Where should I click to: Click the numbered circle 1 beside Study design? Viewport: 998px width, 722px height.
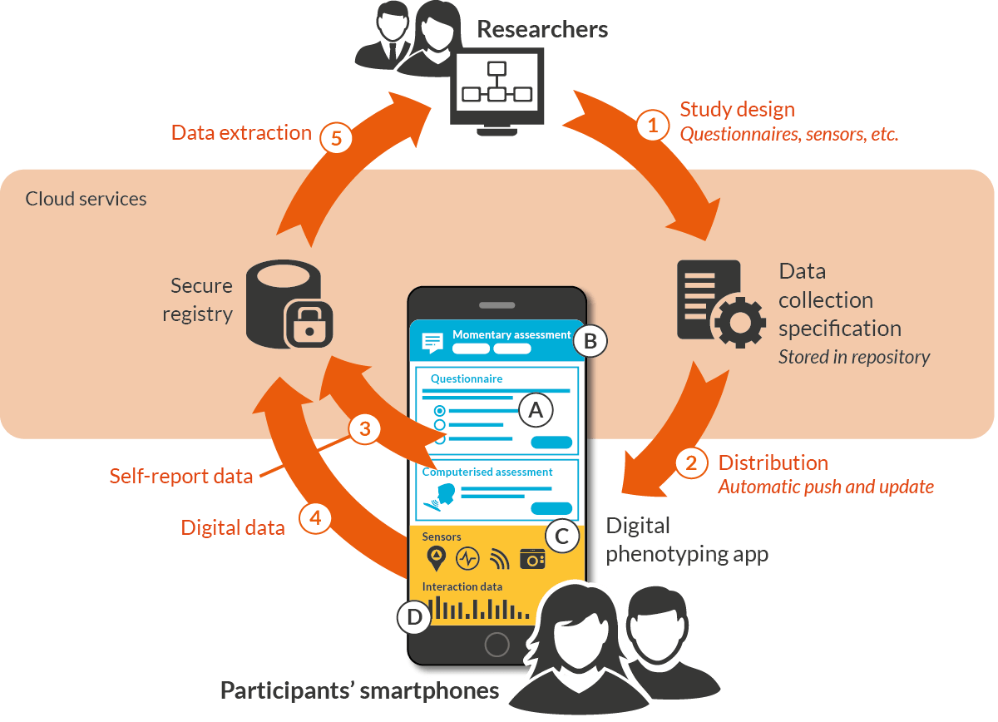653,126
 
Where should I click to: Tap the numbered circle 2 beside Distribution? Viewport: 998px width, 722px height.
691,462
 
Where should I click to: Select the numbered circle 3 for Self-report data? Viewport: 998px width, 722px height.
364,429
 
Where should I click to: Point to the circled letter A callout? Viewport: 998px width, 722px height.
536,409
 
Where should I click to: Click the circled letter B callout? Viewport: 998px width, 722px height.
590,340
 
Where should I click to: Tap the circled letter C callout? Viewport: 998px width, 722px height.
561,536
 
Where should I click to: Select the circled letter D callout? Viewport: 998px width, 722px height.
413,616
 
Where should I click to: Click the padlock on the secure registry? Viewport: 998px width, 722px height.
309,324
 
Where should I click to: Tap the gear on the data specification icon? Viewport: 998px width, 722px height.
739,323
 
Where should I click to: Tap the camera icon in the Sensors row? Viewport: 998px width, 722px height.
532,559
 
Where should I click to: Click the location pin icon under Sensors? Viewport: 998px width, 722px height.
436,558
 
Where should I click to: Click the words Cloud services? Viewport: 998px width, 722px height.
86,199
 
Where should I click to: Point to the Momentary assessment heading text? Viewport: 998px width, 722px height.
511,334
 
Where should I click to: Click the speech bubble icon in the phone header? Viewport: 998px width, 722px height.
432,341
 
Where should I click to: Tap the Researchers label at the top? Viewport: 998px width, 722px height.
542,30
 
